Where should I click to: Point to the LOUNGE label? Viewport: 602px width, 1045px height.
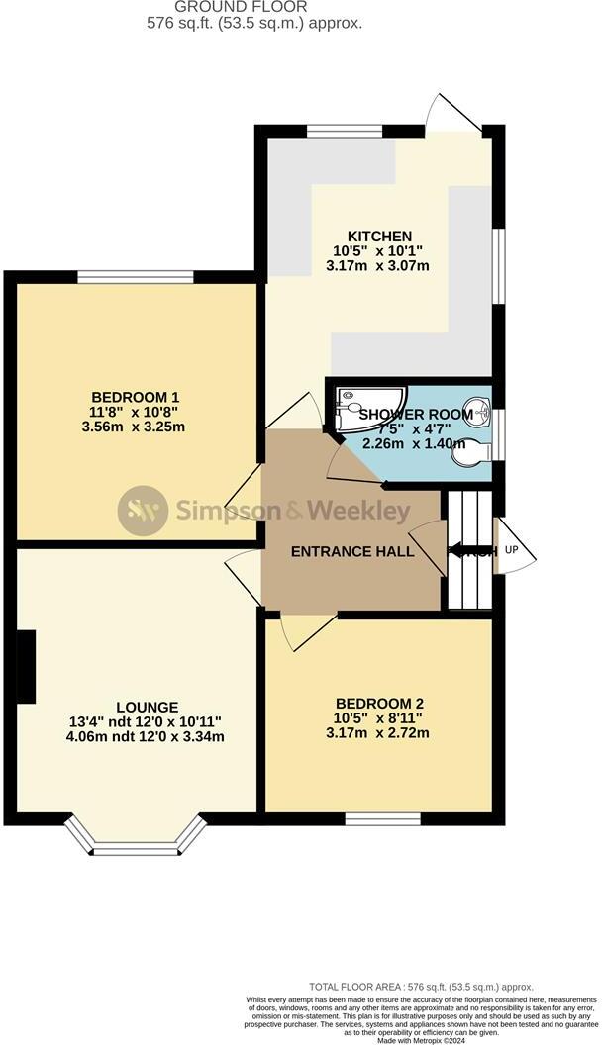point(148,707)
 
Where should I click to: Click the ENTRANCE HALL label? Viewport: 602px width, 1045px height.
point(351,551)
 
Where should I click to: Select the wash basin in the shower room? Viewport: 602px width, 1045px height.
point(478,408)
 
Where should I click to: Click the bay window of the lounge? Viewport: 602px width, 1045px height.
point(138,844)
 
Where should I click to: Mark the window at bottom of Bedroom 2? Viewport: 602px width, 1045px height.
point(382,817)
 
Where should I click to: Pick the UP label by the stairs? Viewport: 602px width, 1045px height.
point(511,549)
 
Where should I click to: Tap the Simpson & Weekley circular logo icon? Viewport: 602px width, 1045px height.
point(143,511)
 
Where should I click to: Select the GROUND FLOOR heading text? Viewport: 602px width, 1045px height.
point(240,6)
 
